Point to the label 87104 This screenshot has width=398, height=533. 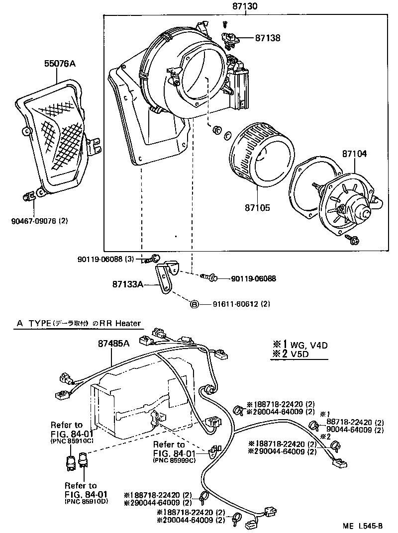(x=354, y=154)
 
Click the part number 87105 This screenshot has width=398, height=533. (x=257, y=207)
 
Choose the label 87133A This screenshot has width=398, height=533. (x=127, y=284)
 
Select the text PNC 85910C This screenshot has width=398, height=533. (x=67, y=440)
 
